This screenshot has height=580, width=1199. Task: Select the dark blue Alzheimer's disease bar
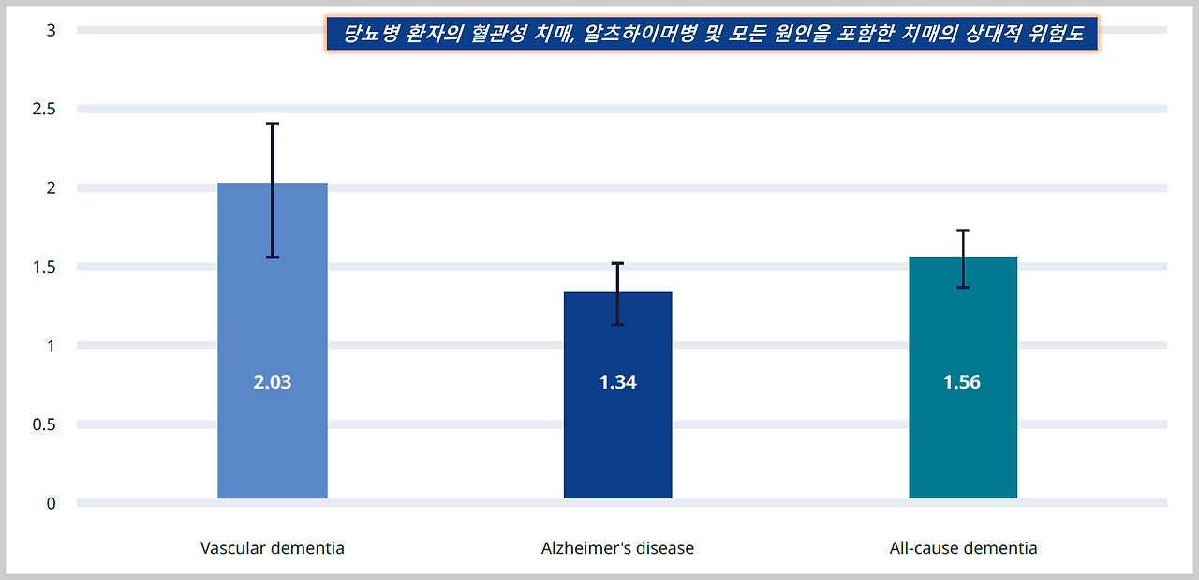point(617,440)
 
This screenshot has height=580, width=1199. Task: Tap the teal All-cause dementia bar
point(963,440)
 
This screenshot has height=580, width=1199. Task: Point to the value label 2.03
point(273,382)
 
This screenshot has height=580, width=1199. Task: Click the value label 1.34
point(617,382)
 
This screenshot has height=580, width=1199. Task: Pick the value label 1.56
point(962,382)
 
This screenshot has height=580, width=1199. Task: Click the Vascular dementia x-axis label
point(273,548)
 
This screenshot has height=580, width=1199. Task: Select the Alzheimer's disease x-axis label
point(617,548)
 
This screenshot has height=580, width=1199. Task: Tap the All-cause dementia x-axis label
point(963,548)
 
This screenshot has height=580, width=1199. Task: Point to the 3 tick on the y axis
point(52,30)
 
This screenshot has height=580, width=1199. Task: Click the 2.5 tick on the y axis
point(45,109)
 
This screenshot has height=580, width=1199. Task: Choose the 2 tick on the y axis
point(52,187)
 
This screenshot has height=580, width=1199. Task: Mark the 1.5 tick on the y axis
point(45,267)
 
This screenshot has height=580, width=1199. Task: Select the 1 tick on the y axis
point(52,346)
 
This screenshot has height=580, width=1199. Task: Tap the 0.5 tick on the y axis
point(45,424)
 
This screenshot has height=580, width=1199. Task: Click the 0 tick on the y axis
point(52,503)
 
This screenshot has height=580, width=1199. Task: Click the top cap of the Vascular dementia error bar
point(273,124)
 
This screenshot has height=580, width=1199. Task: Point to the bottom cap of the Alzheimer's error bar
point(617,325)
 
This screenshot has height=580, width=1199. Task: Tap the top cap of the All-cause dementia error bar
point(963,231)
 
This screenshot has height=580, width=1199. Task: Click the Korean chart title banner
point(712,35)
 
